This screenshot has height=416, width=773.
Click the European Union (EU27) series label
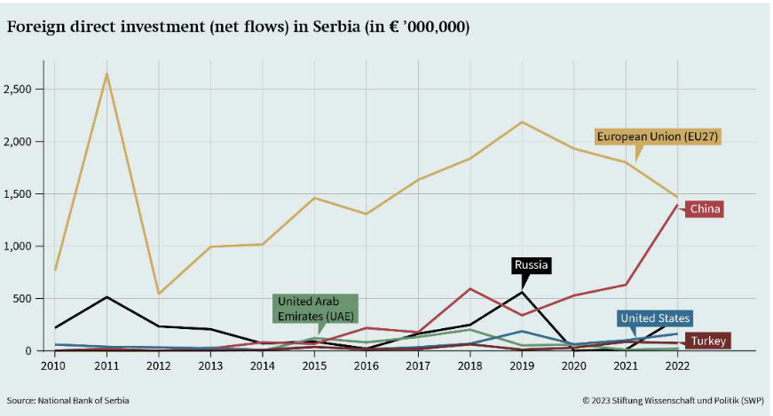coord(657,137)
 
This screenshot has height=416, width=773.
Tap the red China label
coord(706,209)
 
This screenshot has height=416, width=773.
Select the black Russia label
coord(532,264)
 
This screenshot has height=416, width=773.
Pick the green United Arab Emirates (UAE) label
coord(314,309)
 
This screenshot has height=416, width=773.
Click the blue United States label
coord(655,318)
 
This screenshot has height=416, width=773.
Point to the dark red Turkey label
coord(709,341)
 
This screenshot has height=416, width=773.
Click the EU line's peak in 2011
coord(107,74)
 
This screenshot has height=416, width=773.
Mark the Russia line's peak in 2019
coord(522,293)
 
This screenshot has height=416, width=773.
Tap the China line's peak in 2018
coord(469,288)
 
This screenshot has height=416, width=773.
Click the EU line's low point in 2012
coord(159,294)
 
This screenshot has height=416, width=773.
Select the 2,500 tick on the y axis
coord(19,90)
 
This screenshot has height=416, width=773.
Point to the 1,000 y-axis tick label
coord(19,247)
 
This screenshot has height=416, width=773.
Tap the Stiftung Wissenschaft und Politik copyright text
coord(674,401)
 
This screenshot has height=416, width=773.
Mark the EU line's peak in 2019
coord(522,122)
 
